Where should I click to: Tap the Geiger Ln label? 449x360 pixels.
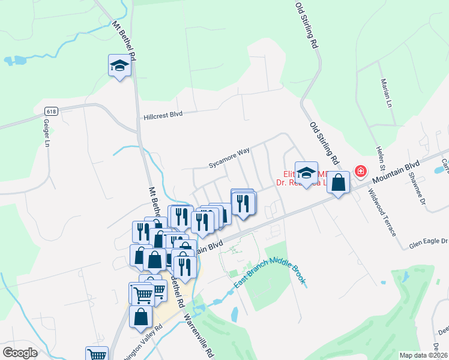click(46, 133)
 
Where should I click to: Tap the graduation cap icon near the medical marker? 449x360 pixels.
click(306, 173)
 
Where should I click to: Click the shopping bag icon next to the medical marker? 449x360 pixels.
click(339, 183)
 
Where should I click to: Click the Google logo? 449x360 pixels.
click(20, 353)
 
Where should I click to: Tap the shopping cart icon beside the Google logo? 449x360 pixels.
click(96, 354)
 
